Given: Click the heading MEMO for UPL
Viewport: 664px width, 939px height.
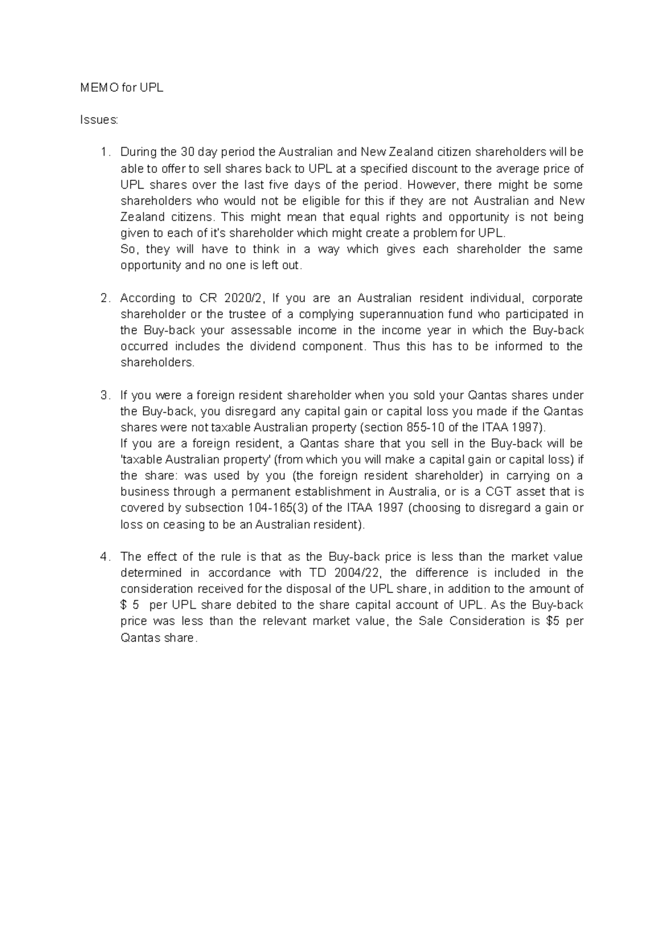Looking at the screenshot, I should click(x=122, y=88).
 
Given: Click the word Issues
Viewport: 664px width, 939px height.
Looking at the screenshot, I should click(x=99, y=120).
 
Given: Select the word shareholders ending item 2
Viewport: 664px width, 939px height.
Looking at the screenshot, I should click(x=157, y=363).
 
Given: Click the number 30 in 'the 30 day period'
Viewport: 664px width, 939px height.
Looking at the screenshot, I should click(x=188, y=152).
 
